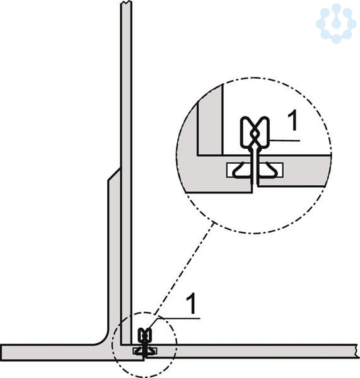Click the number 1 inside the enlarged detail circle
click(293, 121)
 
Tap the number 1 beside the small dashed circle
click(191, 304)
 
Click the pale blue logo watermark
click(336, 23)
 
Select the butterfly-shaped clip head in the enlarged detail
click(255, 132)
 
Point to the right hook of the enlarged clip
click(268, 170)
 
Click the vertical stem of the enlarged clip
click(255, 166)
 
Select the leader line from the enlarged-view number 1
click(285, 140)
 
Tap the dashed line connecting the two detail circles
click(184, 269)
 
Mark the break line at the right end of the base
click(356, 351)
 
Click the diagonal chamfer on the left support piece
click(114, 174)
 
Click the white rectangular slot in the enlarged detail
click(255, 170)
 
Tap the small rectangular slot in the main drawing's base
click(144, 351)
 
